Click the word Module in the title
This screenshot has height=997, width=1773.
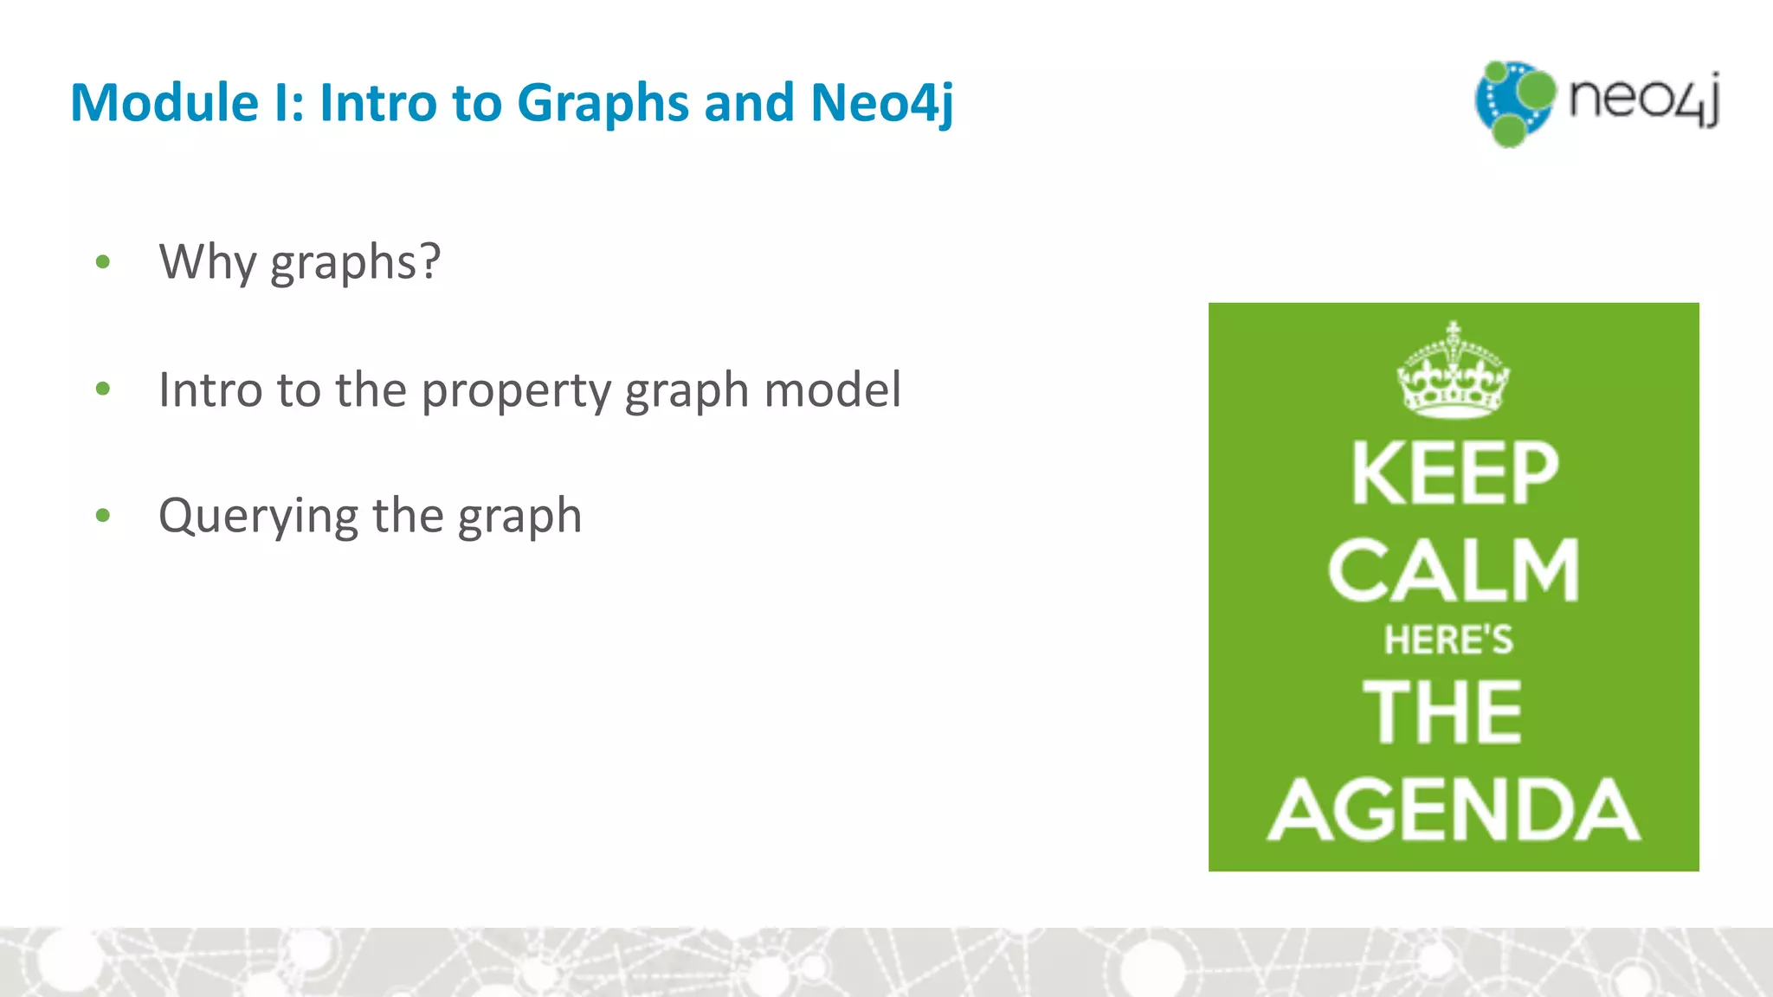pos(164,102)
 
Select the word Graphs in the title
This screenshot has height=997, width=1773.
pos(603,104)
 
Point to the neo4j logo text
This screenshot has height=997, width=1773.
pos(1643,99)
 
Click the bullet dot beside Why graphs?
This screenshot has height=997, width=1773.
pos(103,261)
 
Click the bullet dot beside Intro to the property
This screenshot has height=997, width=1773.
pos(103,389)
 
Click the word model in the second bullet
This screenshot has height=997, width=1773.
pos(832,389)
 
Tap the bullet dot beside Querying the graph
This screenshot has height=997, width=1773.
pos(103,516)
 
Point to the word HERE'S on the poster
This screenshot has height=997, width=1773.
pos(1448,640)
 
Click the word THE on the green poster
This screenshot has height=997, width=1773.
pos(1442,711)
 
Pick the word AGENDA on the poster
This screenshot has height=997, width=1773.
pos(1454,810)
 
